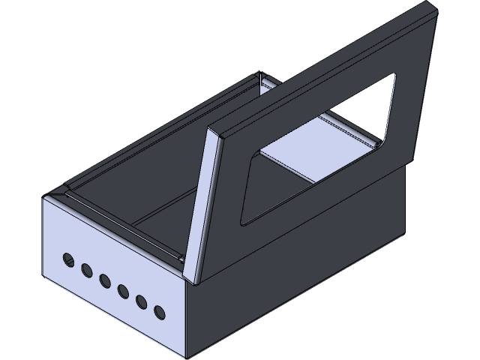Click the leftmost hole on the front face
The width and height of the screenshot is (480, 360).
[69, 258]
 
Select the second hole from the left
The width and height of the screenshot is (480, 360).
[87, 268]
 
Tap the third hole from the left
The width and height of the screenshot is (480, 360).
[105, 280]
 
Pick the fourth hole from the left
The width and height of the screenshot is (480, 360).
[123, 290]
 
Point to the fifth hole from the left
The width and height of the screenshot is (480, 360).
[141, 301]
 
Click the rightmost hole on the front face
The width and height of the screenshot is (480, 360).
[159, 311]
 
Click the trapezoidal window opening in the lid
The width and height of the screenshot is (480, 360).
[315, 150]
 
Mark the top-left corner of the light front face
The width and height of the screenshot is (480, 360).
[46, 196]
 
